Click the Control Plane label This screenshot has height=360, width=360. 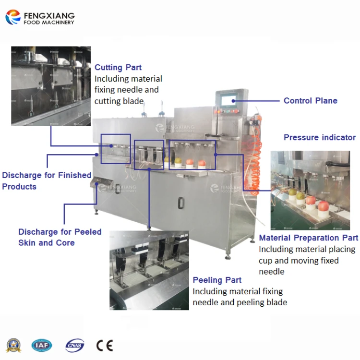[x=310, y=101]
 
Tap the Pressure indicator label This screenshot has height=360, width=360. [x=319, y=137]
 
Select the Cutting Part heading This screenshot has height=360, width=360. [x=118, y=68]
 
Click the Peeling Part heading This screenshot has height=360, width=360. [x=217, y=280]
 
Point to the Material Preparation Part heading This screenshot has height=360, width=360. [x=308, y=238]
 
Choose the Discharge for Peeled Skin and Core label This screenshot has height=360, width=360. [x=60, y=237]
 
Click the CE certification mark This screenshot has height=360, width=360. [x=104, y=345]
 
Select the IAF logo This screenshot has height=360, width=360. [x=42, y=345]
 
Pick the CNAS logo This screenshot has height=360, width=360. [x=74, y=345]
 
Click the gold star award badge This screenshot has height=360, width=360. [x=13, y=345]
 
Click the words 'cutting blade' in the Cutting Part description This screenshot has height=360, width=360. [x=119, y=101]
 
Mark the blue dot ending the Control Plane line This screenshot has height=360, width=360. [x=234, y=101]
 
